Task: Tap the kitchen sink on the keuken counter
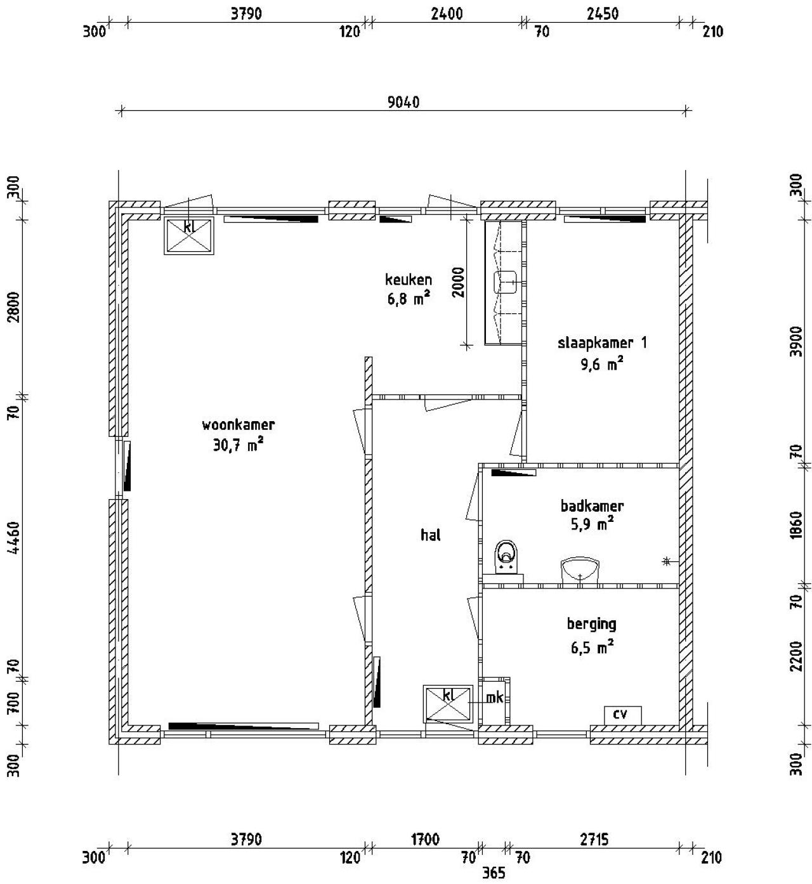coord(506,282)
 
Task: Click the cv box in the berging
coord(622,715)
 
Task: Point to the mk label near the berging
coord(494,698)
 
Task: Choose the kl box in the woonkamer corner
coord(188,235)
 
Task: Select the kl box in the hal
coord(448,703)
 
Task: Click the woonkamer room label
coord(238,425)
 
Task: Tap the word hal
coord(430,535)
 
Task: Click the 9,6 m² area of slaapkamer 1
coord(602,365)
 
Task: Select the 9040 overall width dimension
coord(403,102)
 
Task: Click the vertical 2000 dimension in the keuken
coord(459,282)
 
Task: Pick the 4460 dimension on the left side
coord(14,537)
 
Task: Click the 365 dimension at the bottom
coord(494,873)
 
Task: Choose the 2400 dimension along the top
coord(447,14)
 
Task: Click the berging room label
coord(591,625)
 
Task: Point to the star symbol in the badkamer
coord(667,561)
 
